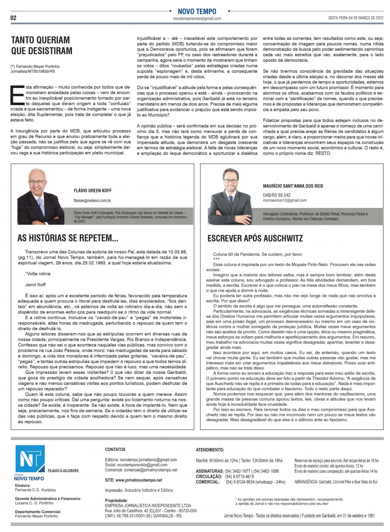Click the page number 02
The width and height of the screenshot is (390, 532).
click(x=14, y=18)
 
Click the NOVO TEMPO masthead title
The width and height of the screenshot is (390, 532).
click(x=197, y=11)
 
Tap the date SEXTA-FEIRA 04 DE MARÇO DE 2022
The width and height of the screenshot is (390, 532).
click(x=356, y=18)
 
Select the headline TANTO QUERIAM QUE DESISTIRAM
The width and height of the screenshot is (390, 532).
click(x=42, y=45)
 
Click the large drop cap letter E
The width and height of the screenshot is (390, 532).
click(x=17, y=95)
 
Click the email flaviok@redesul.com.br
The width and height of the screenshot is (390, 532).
click(x=92, y=201)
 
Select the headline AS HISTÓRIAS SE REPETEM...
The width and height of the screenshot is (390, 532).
click(x=68, y=238)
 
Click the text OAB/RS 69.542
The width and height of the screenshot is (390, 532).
click(x=276, y=195)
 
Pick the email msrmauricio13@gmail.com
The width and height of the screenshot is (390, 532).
click(x=285, y=200)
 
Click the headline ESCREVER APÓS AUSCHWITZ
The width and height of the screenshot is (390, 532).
click(x=255, y=238)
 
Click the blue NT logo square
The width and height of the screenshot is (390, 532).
click(x=30, y=459)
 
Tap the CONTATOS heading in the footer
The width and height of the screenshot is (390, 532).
click(x=115, y=449)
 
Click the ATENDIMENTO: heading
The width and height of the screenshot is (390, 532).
click(x=210, y=450)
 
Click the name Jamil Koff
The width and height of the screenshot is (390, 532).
click(x=35, y=285)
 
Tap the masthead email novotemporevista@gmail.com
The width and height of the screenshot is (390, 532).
click(x=197, y=18)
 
